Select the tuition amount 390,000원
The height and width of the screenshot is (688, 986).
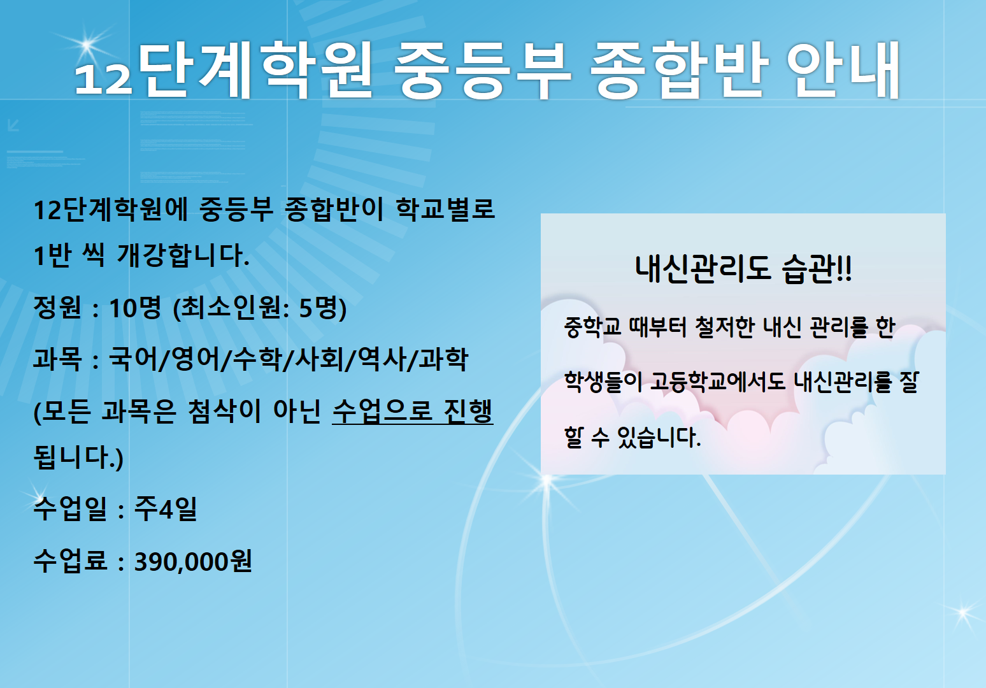click(193, 561)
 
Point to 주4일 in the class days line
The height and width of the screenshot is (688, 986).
click(166, 509)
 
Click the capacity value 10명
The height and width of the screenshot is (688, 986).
click(135, 308)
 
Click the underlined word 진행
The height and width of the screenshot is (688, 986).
click(468, 411)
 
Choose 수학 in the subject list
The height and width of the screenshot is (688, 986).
click(257, 359)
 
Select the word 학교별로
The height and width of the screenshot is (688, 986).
click(445, 209)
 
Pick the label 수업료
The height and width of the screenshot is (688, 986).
click(70, 561)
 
